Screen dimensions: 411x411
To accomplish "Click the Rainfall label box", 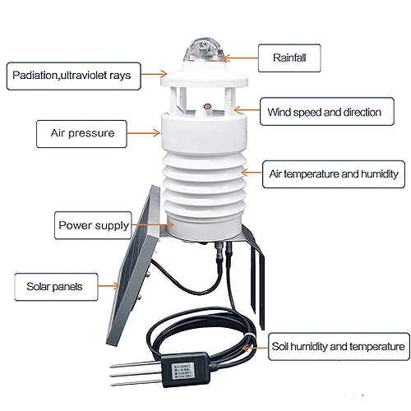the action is (x=289, y=58).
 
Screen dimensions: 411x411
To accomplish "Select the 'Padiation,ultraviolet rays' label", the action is (x=74, y=76).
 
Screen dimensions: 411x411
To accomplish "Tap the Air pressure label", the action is (x=81, y=134).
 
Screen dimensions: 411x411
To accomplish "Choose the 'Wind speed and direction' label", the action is (x=327, y=112).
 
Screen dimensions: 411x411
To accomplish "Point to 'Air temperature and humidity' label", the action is (x=334, y=174).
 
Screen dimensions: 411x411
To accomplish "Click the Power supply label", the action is (x=93, y=225).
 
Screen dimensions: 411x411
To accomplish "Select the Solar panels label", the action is (x=56, y=287).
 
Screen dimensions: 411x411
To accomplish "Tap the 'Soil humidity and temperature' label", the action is (x=339, y=347).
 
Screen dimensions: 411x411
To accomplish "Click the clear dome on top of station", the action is (x=205, y=50).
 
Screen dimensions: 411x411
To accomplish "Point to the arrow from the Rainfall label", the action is (x=241, y=58).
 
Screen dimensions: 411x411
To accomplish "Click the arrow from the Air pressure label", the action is (x=143, y=133).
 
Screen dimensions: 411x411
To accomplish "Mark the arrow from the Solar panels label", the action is (x=109, y=286).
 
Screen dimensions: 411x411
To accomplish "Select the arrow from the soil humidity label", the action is (x=256, y=348).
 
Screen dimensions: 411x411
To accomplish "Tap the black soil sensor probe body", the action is (x=186, y=369).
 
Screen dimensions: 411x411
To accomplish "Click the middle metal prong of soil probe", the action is (x=136, y=373).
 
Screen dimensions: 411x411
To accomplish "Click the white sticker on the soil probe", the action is (x=182, y=371).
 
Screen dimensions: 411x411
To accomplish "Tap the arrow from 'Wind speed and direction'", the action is (x=247, y=110).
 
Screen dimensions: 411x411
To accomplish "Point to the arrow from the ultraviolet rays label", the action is (x=154, y=74).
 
